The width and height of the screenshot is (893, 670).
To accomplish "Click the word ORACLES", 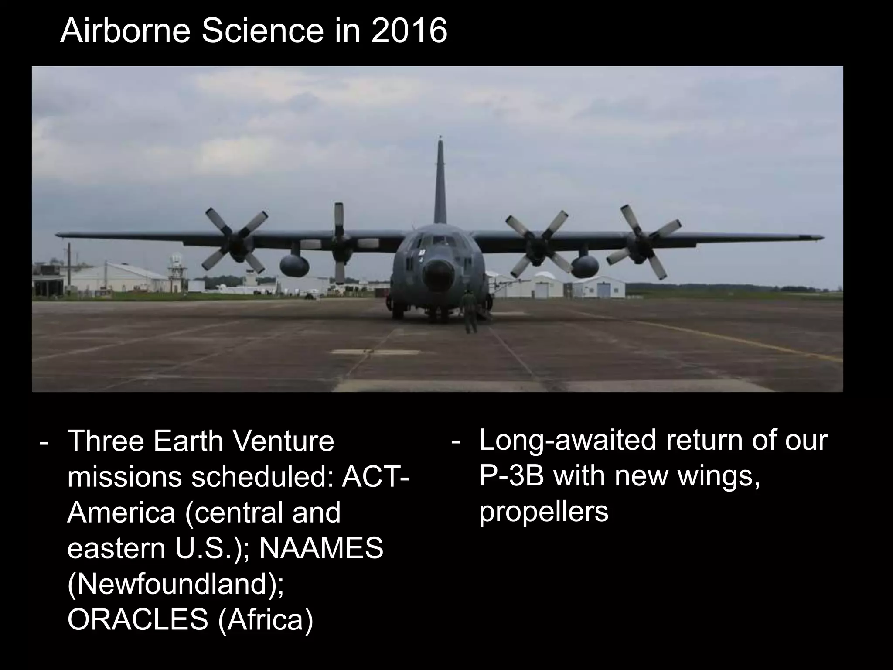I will tap(138, 619).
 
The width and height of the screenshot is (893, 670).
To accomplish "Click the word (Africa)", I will tap(265, 619).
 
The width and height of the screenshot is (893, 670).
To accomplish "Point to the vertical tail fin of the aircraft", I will tap(440, 183).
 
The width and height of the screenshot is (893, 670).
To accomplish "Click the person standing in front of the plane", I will tap(470, 312).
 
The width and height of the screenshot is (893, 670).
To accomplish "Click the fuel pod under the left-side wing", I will tap(294, 266).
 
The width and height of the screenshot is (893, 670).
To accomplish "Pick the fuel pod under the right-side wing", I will tap(585, 267).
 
